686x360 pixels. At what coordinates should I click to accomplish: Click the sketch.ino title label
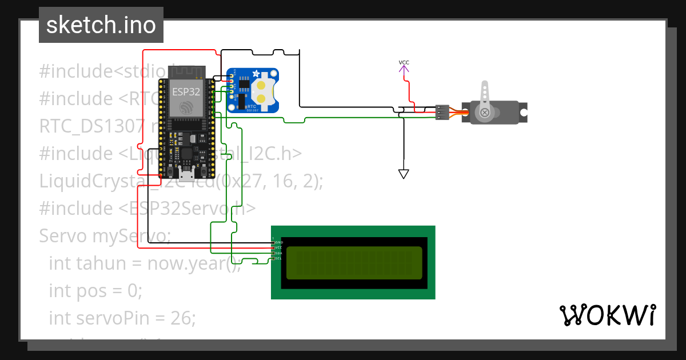[101, 25]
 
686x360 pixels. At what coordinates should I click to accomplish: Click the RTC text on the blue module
[250, 105]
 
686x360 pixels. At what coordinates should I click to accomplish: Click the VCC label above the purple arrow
[404, 62]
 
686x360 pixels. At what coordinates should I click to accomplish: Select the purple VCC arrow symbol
[404, 70]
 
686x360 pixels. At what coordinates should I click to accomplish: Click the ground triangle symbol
[404, 174]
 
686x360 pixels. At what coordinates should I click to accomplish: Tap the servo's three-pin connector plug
[442, 112]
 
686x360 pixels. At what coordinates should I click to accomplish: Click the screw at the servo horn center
[485, 113]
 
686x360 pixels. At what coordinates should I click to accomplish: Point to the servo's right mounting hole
[523, 113]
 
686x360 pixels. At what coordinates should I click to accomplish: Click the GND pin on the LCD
[273, 242]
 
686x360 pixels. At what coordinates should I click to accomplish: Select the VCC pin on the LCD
[273, 247]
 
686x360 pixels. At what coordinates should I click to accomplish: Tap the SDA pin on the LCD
[273, 253]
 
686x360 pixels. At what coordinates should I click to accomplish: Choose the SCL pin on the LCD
[273, 258]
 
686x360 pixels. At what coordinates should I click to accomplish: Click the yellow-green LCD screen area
[354, 263]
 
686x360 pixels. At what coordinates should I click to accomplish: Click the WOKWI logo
[607, 315]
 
